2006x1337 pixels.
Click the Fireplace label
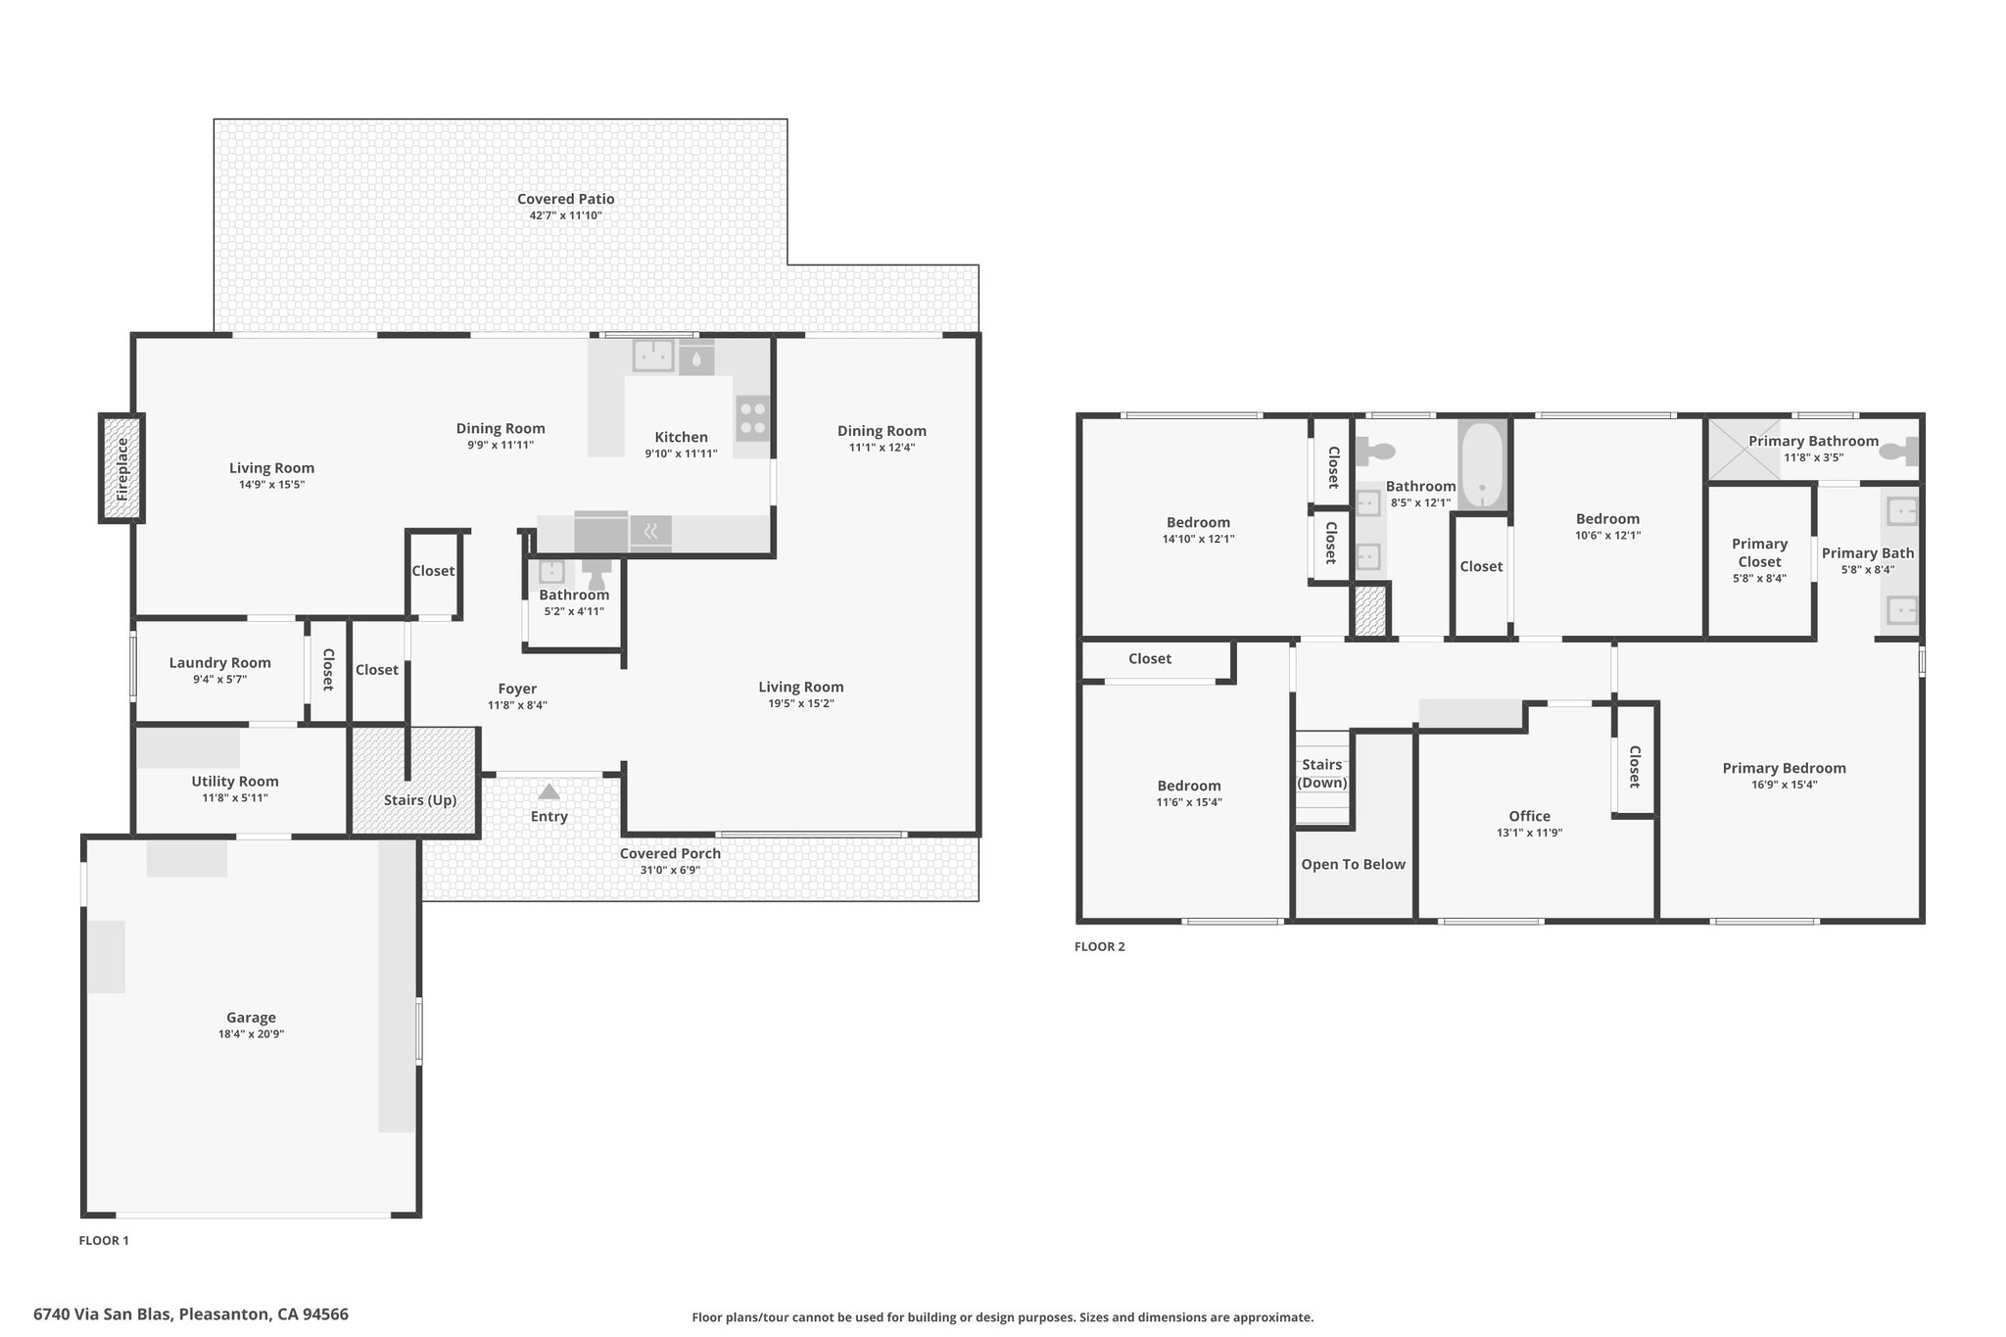pos(122,469)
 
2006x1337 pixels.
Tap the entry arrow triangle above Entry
pos(549,791)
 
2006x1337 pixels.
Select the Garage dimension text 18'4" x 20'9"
pos(251,1034)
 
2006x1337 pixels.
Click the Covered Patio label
pos(566,199)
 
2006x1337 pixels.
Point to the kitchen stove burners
pos(752,418)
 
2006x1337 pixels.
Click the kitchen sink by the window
pos(653,356)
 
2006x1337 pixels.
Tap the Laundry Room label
pos(219,663)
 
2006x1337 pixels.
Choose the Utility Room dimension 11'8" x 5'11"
pos(235,798)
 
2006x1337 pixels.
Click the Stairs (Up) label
pos(420,800)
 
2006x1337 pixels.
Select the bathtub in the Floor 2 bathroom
pos(1483,465)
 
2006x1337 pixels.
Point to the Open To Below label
pos(1353,865)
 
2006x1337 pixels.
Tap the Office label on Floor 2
pos(1529,817)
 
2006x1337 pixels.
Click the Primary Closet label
pos(1759,553)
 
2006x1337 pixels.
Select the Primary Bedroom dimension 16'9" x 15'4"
pos(1785,785)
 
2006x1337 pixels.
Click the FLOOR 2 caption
pos(1100,947)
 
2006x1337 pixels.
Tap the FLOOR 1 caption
pos(104,1241)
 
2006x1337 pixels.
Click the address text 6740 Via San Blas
pos(102,1314)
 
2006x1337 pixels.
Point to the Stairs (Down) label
pos(1322,774)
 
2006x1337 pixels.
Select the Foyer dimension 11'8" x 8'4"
pos(517,705)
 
